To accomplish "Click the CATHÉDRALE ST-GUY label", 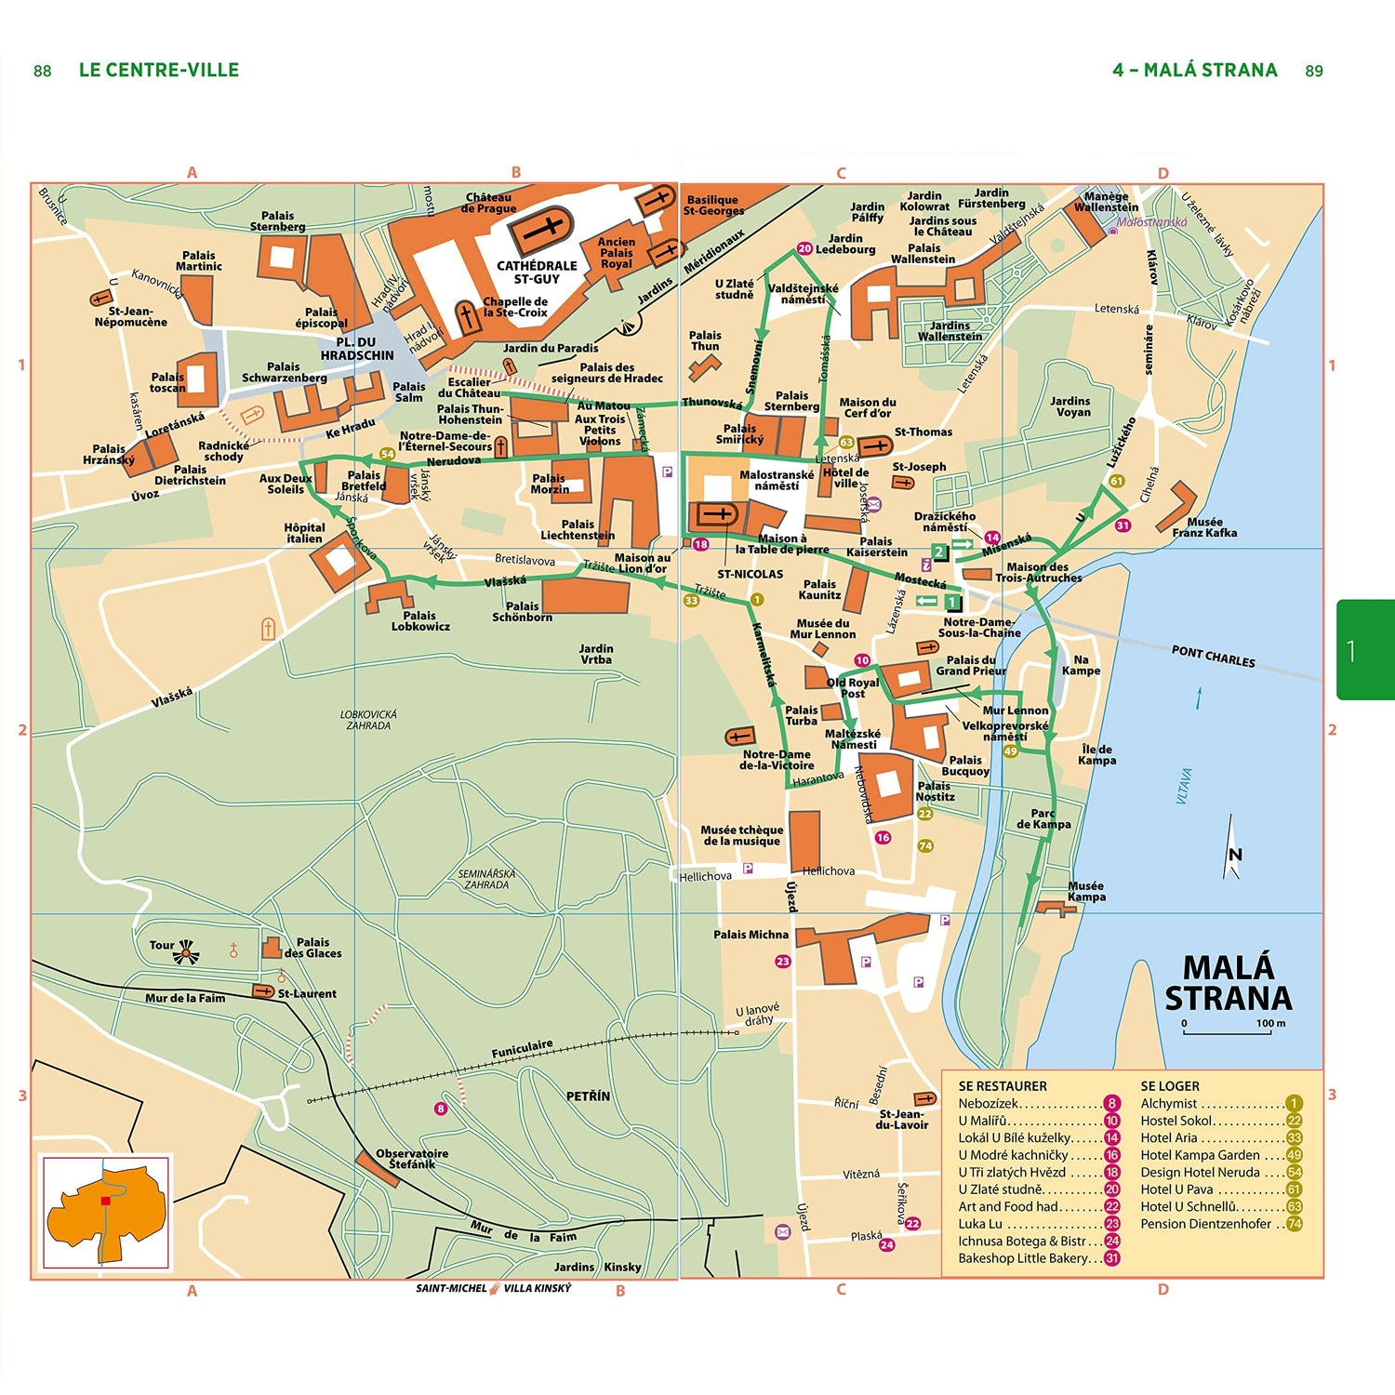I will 537,272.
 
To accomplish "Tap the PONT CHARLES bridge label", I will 1213,656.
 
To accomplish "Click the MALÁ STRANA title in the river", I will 1228,983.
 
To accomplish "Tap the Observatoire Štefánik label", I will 412,1158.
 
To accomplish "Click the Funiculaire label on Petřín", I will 522,1048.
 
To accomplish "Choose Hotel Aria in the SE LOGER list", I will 1169,1137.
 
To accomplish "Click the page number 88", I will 43,71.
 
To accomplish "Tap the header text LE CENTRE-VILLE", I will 159,70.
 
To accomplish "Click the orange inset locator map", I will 106,1212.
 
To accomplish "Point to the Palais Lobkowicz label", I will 420,620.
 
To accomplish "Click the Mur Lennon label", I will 1015,710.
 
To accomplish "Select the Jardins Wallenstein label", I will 950,330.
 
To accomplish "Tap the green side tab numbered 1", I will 1364,650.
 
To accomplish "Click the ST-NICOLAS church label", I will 750,574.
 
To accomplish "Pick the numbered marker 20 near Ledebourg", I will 804,248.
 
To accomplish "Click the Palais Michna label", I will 751,934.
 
